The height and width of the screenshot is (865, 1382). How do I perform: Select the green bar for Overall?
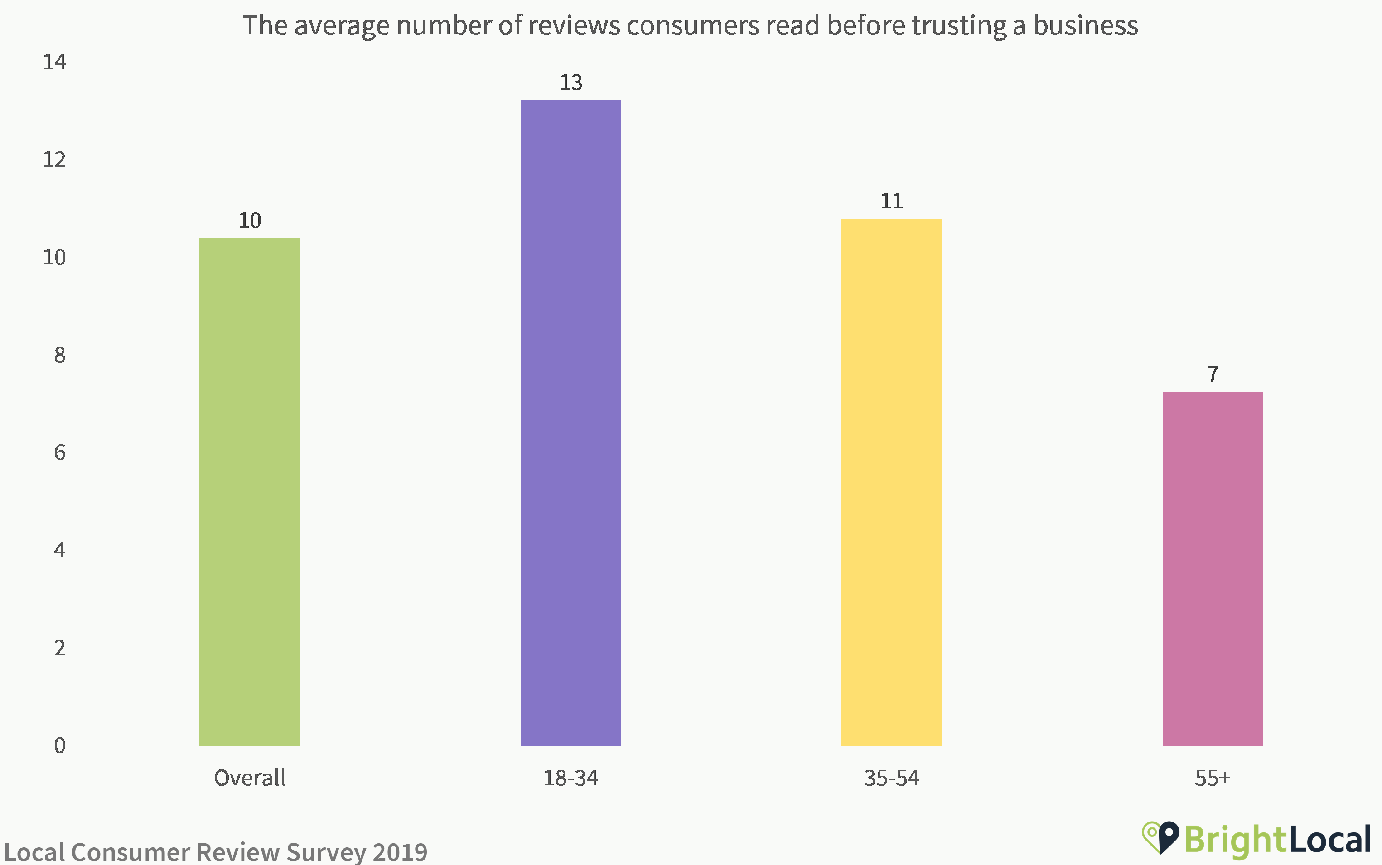(250, 492)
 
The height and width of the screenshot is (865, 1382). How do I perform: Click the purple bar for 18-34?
(570, 423)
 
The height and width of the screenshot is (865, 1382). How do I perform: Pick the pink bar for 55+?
(1213, 569)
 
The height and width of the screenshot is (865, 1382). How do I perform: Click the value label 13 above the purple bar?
(570, 83)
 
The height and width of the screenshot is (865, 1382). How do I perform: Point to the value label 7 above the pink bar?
(1213, 375)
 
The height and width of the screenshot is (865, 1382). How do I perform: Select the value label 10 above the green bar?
(250, 221)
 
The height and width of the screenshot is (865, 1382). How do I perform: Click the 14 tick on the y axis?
(54, 62)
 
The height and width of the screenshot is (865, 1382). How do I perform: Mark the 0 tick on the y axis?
(59, 746)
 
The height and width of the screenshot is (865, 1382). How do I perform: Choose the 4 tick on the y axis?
(59, 551)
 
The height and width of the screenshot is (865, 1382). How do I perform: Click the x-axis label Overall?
(250, 778)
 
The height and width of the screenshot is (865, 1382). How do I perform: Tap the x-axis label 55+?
(1212, 778)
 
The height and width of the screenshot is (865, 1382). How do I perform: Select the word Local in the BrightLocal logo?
(1330, 840)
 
